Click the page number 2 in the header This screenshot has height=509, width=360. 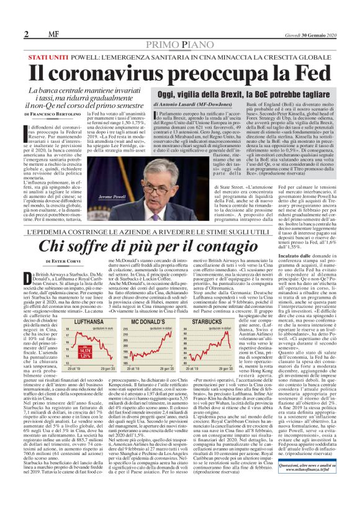pos(27,33)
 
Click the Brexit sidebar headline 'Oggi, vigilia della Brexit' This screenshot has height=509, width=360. pos(205,95)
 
